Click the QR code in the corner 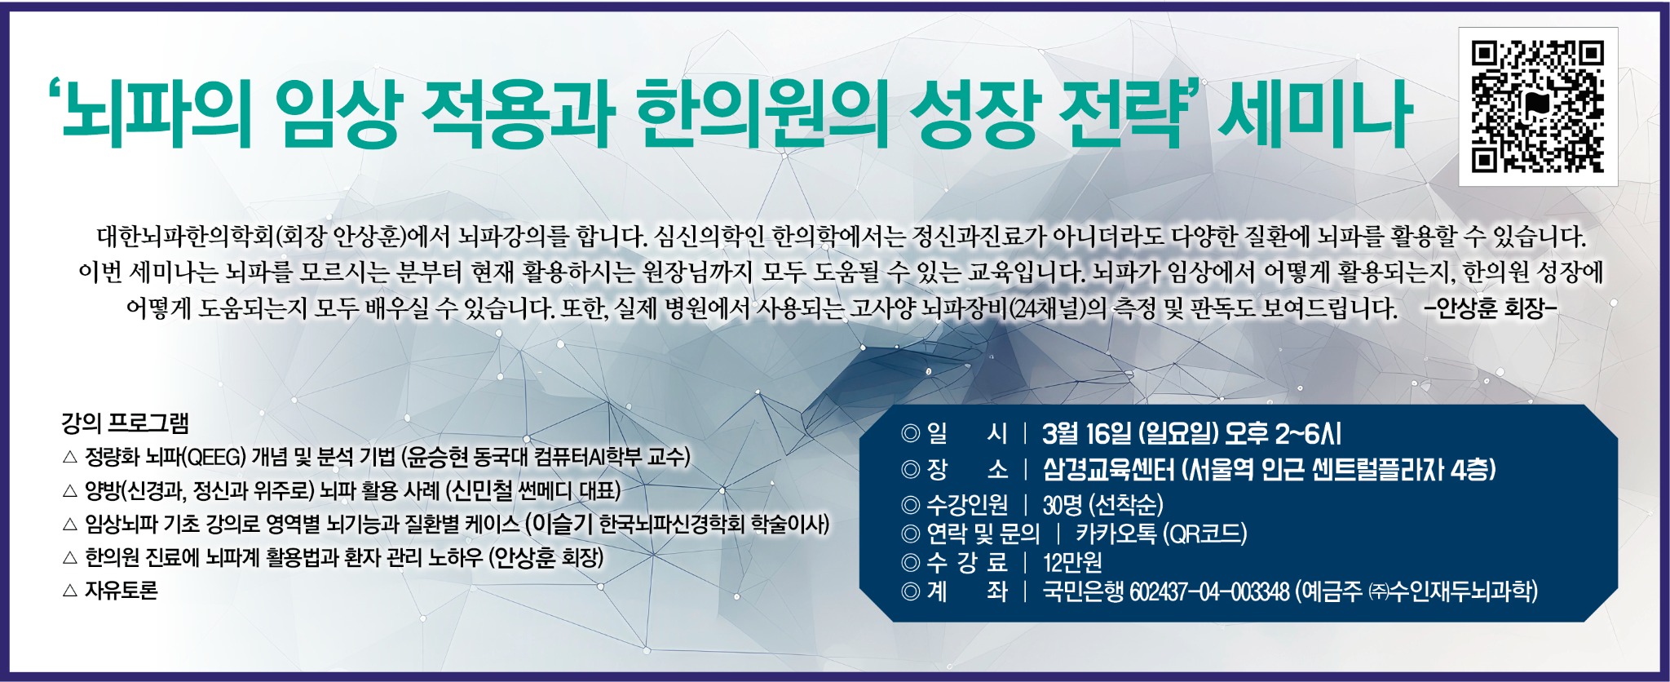click(1537, 107)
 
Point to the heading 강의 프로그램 click(125, 423)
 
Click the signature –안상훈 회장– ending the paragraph click(1490, 308)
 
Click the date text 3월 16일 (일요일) click(1130, 434)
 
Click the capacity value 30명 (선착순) click(1102, 505)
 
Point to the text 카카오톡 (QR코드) click(1161, 534)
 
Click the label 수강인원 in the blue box click(966, 505)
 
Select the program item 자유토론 click(121, 591)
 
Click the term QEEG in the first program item click(216, 457)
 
